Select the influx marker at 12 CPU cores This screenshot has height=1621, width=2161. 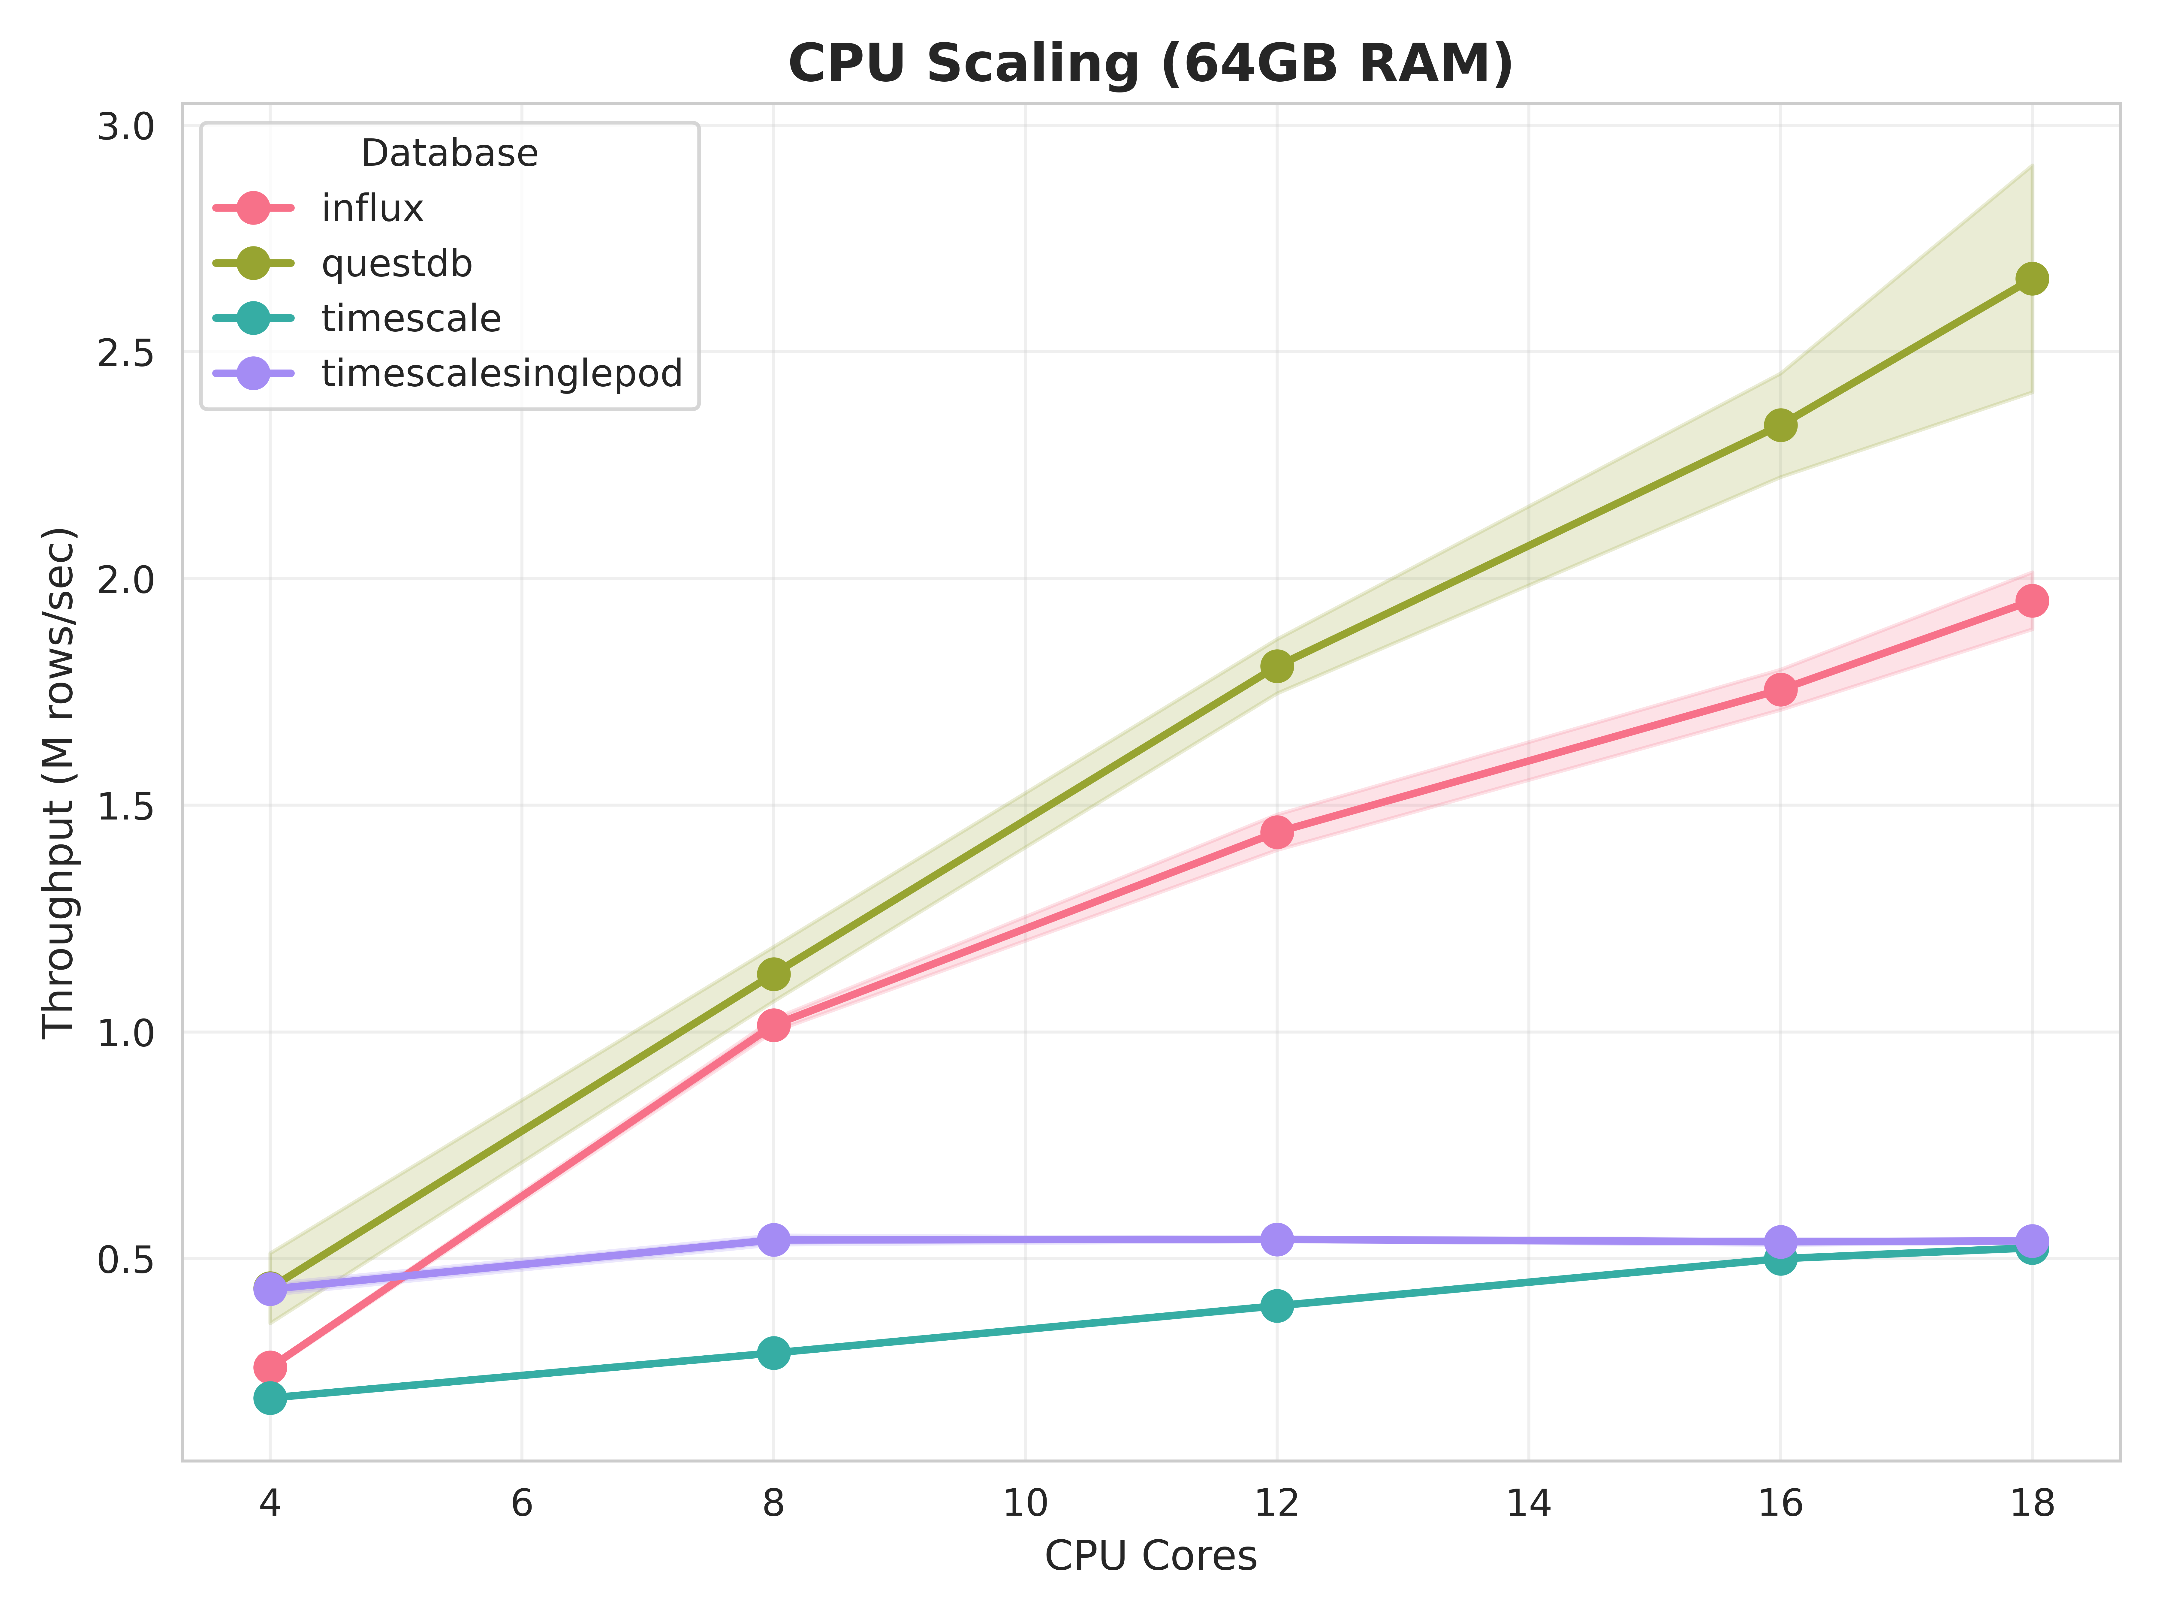[x=1276, y=832]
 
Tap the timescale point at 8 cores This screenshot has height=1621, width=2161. [x=773, y=1352]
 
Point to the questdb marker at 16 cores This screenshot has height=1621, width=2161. [x=1780, y=425]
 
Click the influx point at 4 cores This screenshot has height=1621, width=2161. [x=270, y=1366]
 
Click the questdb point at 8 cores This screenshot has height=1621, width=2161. [x=773, y=974]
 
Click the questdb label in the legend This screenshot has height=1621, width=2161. [x=397, y=264]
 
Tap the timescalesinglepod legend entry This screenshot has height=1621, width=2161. [x=501, y=373]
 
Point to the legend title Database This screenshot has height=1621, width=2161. [x=449, y=153]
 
